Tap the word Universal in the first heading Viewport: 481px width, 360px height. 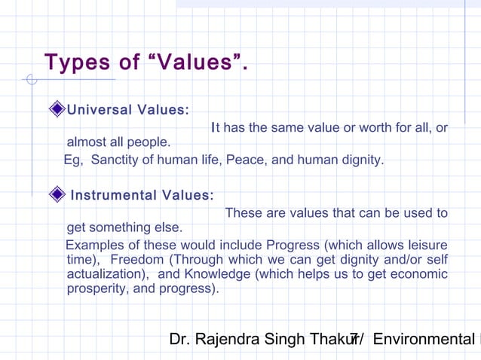(x=98, y=111)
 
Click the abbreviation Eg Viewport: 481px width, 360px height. (x=72, y=160)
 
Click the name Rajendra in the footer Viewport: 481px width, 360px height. (x=230, y=340)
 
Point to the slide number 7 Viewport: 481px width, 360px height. (x=354, y=340)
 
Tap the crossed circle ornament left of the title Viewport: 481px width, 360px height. (x=30, y=78)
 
